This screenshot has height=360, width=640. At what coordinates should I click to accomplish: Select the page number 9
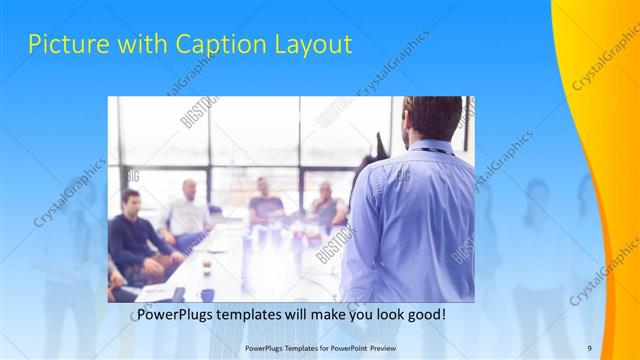589,347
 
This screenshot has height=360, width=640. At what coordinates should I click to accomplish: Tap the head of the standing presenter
432,118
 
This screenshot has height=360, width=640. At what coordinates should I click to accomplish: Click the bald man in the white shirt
187,210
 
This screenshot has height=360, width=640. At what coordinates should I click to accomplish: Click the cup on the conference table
206,264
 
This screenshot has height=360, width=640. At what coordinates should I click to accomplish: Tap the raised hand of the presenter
379,140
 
